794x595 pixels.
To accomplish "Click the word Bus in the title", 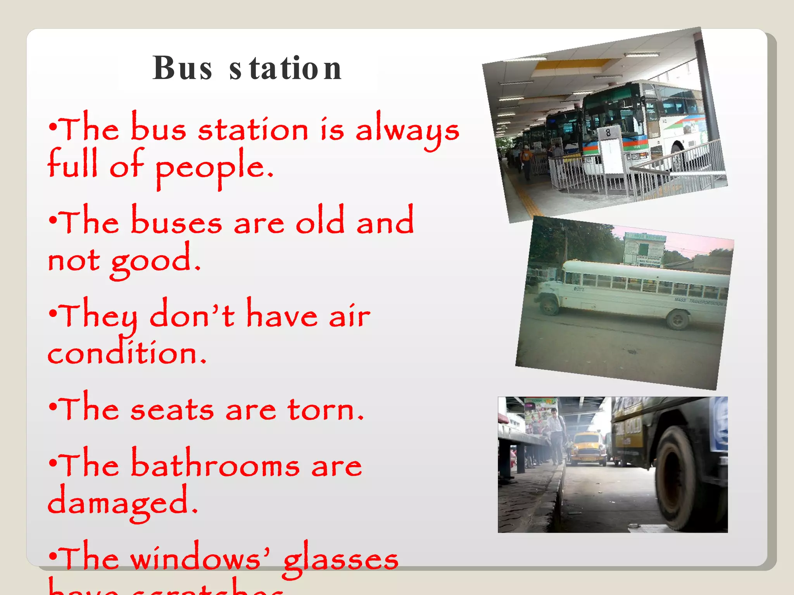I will coord(182,69).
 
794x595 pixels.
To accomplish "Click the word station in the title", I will coord(285,69).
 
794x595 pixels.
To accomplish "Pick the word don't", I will coord(192,315).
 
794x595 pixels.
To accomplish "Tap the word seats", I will coord(172,409).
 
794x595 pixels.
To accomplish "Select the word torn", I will coord(325,409).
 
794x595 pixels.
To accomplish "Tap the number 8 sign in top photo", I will coord(608,133).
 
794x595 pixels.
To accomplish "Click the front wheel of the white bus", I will coord(549,305).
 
